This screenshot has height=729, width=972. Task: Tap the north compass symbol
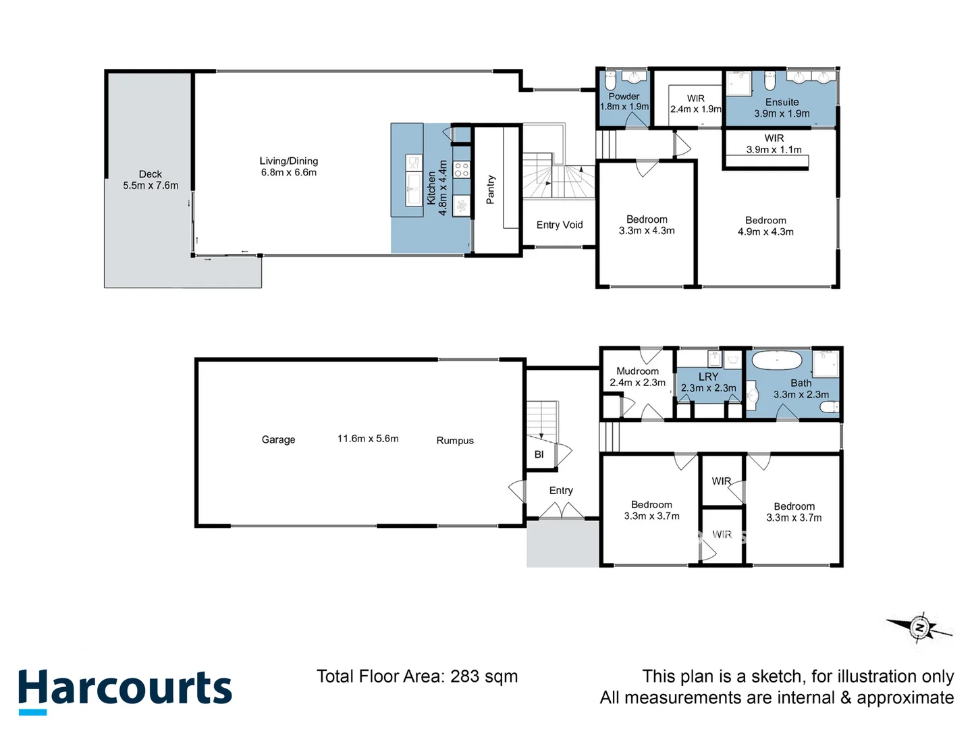[919, 628]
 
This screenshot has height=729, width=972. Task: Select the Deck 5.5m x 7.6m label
[151, 180]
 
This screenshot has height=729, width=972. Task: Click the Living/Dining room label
[289, 167]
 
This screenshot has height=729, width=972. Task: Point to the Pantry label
[491, 190]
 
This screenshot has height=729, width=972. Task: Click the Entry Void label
[560, 225]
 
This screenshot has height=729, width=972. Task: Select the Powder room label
[624, 101]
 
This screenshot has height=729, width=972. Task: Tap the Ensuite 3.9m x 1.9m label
[782, 108]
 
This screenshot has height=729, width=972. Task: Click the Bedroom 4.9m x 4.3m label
[765, 226]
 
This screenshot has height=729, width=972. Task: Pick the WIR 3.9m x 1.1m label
[774, 144]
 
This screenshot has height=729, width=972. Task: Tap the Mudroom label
[637, 377]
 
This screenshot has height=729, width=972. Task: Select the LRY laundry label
[708, 382]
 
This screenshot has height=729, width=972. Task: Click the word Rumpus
[455, 441]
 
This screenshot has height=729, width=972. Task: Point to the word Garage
[278, 440]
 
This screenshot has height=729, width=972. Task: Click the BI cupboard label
[539, 455]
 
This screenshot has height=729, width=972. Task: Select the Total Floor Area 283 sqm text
[417, 676]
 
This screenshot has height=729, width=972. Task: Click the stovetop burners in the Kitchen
[462, 169]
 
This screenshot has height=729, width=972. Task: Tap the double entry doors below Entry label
[562, 511]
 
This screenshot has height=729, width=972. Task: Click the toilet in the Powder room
[610, 81]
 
